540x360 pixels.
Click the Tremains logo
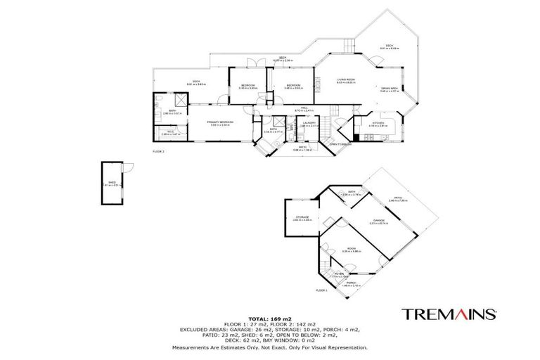click(450, 313)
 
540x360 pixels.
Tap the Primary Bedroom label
click(220, 122)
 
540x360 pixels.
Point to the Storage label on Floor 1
click(303, 218)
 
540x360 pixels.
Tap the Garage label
click(380, 221)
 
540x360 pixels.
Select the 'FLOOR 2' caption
click(158, 151)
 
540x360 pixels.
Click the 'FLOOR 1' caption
click(322, 290)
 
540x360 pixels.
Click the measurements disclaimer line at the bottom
click(269, 347)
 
